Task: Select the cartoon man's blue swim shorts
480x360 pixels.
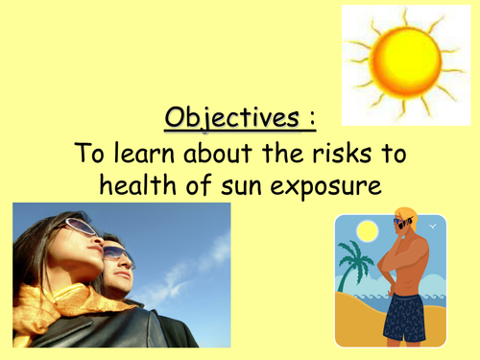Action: pos(405,316)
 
